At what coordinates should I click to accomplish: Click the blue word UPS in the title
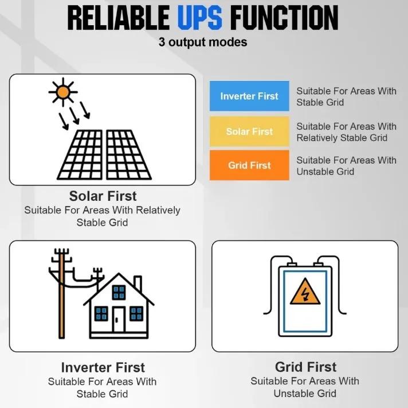coord(200,18)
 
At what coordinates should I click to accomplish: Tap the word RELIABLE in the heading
coord(119,18)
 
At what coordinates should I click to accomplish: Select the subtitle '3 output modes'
coord(203,42)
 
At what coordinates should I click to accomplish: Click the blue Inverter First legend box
coord(249,96)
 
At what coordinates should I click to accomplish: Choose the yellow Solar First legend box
coord(249,131)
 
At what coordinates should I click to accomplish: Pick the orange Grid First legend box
coord(249,165)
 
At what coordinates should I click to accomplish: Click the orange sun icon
coord(63,92)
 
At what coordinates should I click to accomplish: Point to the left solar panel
coord(80,155)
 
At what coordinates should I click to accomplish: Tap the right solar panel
coord(128,155)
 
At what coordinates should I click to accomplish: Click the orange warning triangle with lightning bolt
coord(305,292)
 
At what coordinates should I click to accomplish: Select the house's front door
coord(119,320)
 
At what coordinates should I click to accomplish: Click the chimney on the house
coord(138,283)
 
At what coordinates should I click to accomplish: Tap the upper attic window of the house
coord(119,292)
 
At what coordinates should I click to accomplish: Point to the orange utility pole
coord(61,294)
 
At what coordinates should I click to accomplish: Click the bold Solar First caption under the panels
coord(103,196)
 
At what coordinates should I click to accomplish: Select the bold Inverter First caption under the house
coord(103,367)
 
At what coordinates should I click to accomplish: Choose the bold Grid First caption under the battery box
coord(305,367)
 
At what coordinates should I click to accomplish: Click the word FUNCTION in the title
coord(284,18)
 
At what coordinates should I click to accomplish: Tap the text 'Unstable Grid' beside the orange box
coord(325,172)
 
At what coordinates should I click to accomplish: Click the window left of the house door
coord(101,314)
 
